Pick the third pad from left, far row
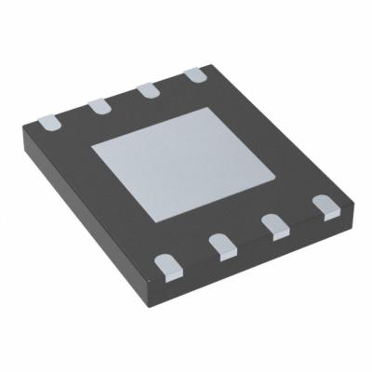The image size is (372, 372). coord(147,90)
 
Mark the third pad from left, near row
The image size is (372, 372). coord(273,226)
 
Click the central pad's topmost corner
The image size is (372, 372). coord(206,109)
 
